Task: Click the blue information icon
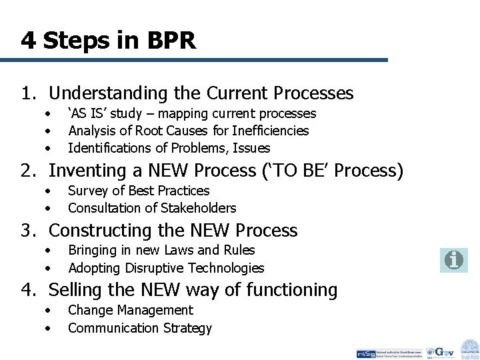pos(453,260)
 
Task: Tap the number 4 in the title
pos(28,41)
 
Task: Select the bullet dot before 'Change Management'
pos(48,311)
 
